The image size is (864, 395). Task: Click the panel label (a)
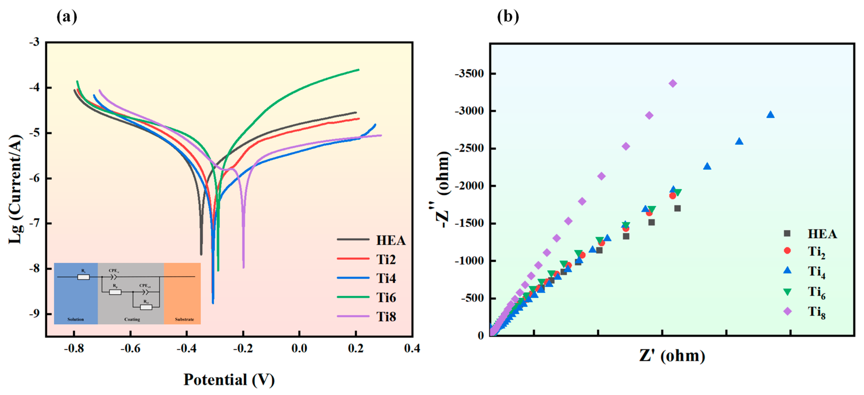click(67, 17)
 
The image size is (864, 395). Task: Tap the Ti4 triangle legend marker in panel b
click(787, 270)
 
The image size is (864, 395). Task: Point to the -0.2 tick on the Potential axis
click(243, 348)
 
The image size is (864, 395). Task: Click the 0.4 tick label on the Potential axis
click(412, 348)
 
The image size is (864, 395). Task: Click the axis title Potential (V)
click(229, 380)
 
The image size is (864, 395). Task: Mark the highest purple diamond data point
click(672, 83)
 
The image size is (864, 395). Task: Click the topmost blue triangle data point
click(770, 115)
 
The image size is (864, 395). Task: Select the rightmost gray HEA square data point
click(677, 208)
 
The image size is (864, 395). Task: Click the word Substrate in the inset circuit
click(184, 319)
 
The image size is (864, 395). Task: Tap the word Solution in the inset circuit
click(75, 319)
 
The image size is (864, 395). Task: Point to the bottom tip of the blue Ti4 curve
click(213, 303)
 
